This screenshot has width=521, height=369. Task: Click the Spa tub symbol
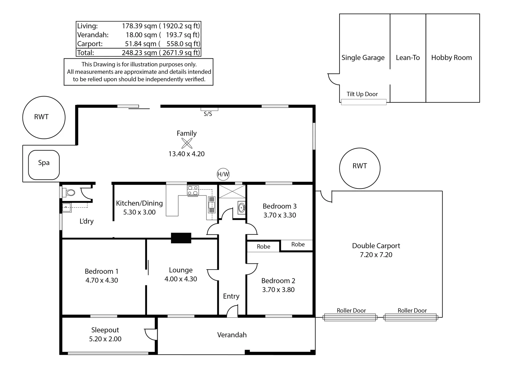tap(44, 165)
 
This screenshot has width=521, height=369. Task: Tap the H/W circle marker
tap(223, 174)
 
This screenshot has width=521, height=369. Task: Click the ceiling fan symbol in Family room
tap(187, 143)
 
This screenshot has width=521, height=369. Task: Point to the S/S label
tap(208, 114)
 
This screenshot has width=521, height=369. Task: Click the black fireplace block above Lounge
tap(181, 238)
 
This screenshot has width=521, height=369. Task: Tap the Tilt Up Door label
tap(362, 94)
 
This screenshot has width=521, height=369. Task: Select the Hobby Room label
tap(451, 58)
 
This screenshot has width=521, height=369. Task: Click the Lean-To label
tap(408, 58)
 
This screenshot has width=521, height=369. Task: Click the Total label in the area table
tap(85, 53)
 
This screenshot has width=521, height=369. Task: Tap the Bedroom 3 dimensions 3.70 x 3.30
tap(279, 215)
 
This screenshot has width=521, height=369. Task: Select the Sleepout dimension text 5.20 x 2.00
tap(105, 339)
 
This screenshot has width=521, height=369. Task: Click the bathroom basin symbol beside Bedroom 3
tap(242, 207)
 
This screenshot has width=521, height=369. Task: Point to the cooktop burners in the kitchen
tap(193, 190)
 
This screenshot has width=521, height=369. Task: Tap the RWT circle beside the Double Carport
tap(360, 168)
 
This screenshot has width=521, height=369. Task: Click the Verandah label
tap(232, 335)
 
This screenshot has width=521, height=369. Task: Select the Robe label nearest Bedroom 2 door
tap(263, 247)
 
